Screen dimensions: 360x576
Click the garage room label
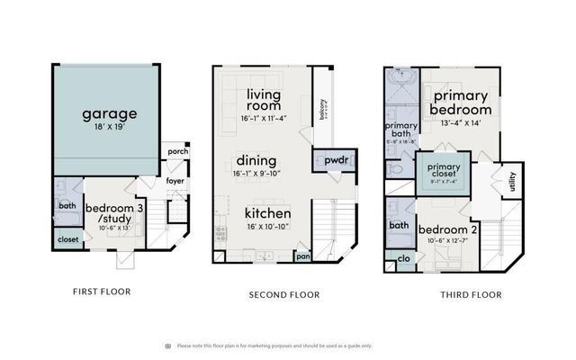[110, 114]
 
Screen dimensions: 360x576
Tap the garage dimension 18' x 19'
[110, 129]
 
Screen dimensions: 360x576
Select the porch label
[178, 151]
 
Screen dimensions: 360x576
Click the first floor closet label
[67, 240]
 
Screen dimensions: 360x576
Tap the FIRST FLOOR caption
[101, 292]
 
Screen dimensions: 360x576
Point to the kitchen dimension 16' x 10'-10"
[268, 229]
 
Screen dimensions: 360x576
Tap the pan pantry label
[303, 256]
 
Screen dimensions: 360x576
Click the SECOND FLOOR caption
[284, 294]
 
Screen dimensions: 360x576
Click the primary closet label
[444, 171]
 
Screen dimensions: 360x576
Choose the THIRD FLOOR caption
[471, 294]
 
